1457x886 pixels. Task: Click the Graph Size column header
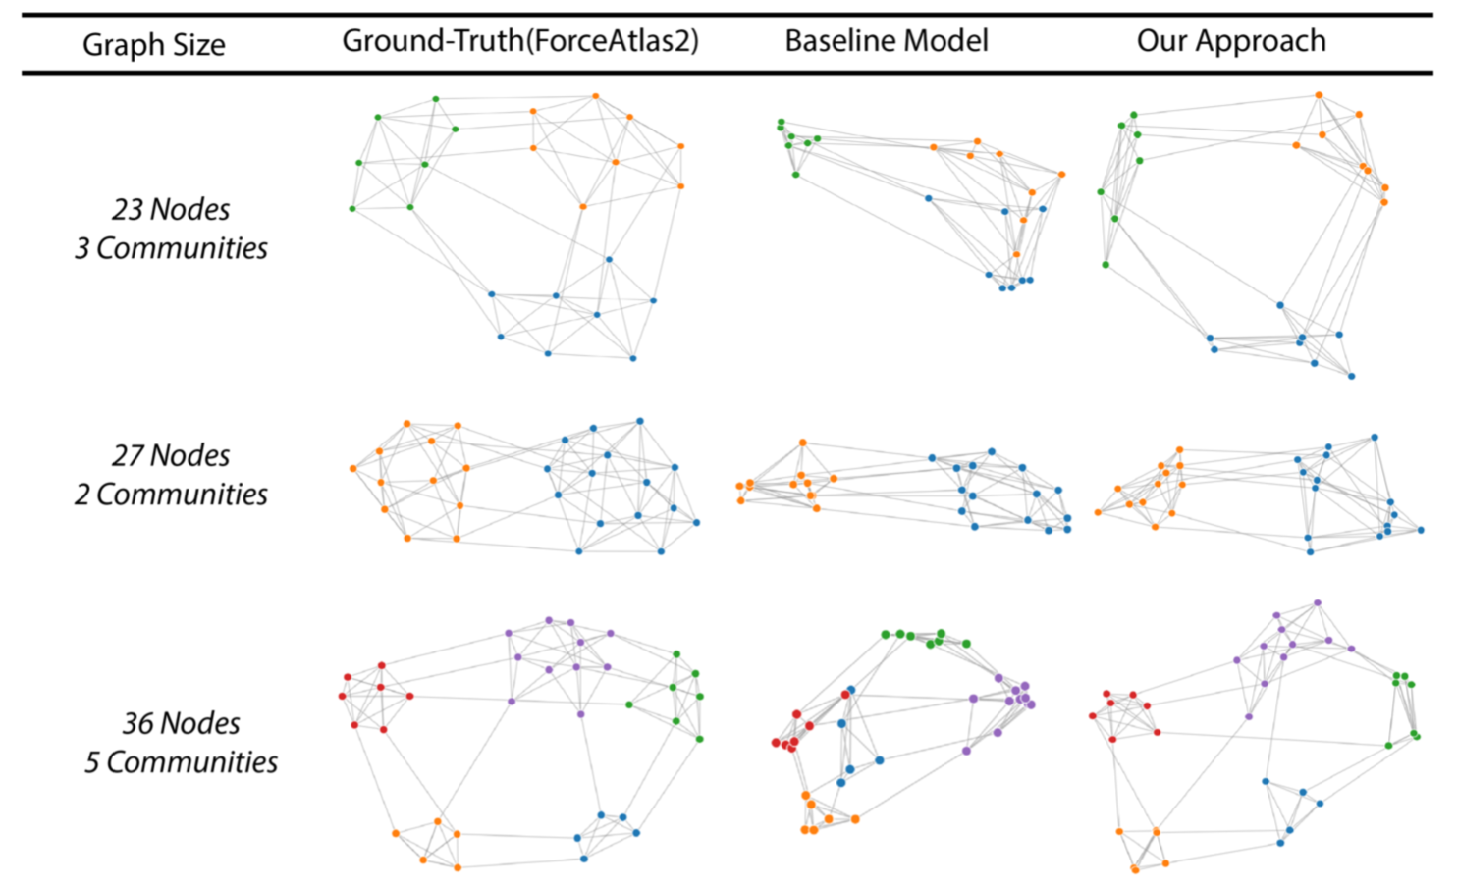tap(153, 44)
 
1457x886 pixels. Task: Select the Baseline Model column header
tap(886, 41)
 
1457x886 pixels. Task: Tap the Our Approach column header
tap(1230, 41)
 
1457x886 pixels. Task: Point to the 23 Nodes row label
tap(171, 209)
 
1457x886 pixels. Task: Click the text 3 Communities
tap(171, 248)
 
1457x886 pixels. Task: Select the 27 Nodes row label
tap(171, 455)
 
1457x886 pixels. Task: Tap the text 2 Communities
tap(171, 495)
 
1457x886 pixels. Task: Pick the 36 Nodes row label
tap(181, 723)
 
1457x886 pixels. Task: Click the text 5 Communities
tap(181, 762)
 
